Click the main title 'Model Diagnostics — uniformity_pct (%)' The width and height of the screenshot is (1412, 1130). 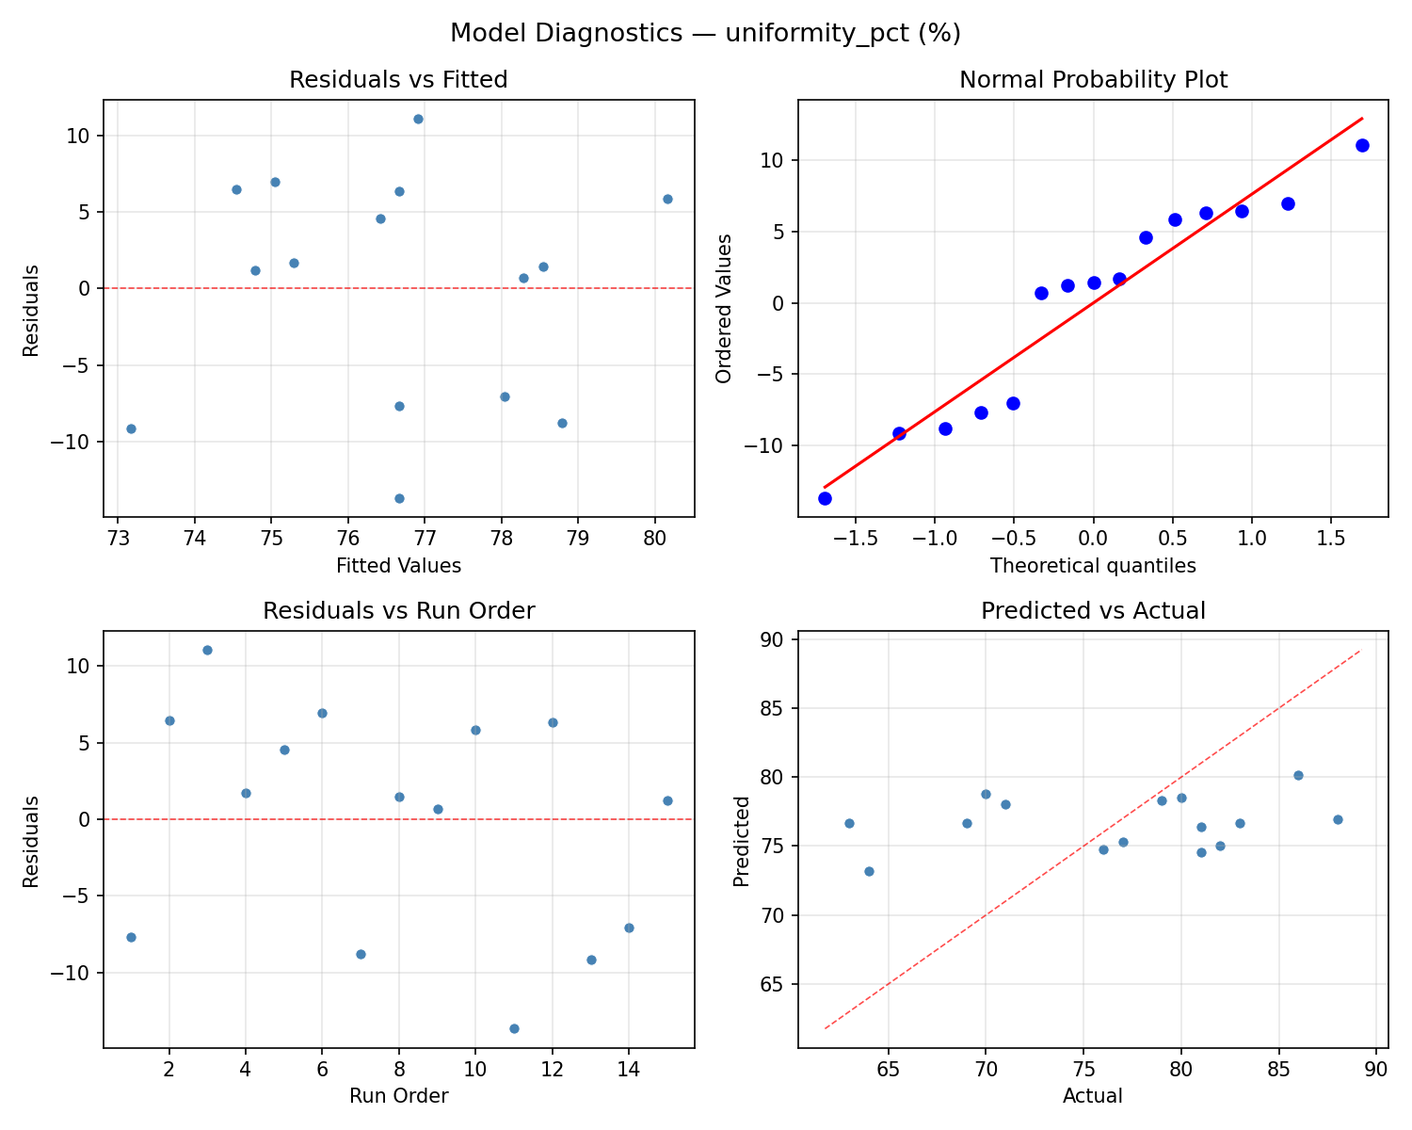(x=705, y=33)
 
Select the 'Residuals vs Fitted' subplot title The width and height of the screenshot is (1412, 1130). (x=398, y=80)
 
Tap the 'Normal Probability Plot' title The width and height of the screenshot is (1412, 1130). (x=1093, y=80)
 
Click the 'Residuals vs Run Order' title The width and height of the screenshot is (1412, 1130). (x=398, y=611)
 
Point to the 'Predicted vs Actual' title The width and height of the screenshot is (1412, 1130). (x=1093, y=611)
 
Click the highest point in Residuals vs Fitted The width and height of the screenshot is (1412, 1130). (x=418, y=119)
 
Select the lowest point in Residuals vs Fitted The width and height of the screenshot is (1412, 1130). (x=399, y=498)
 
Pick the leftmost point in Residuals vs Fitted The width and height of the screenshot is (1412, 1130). (x=131, y=428)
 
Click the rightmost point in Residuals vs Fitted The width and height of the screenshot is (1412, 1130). (x=667, y=199)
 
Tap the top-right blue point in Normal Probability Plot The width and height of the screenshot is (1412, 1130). (x=1361, y=145)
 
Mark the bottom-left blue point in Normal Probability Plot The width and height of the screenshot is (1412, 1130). (x=825, y=498)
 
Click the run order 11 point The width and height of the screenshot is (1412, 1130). (x=514, y=1028)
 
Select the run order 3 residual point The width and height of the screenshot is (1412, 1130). (x=207, y=650)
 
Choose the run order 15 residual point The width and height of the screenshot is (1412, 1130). (x=667, y=800)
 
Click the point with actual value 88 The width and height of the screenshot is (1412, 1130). (x=1338, y=819)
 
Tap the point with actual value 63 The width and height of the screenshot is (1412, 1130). (x=849, y=823)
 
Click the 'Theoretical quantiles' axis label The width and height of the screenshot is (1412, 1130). (x=1093, y=566)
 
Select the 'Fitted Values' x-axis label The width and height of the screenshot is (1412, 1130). (x=398, y=566)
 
